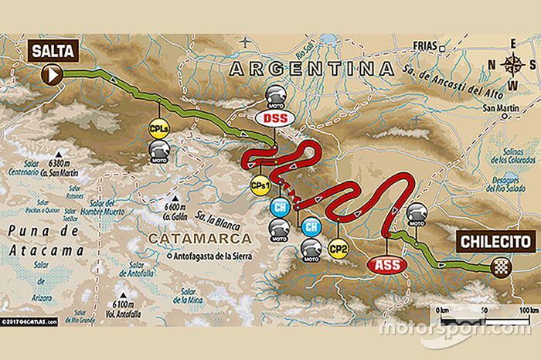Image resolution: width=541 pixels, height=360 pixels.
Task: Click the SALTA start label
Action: tap(53, 52)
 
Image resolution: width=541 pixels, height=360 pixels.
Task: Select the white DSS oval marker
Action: tap(274, 118)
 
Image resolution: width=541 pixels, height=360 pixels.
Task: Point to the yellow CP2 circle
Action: tap(338, 248)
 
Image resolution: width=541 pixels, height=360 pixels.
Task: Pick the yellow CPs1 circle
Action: tap(260, 185)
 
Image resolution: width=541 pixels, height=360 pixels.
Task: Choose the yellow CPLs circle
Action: tap(159, 128)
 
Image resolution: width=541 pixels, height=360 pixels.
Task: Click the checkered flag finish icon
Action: tap(500, 268)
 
